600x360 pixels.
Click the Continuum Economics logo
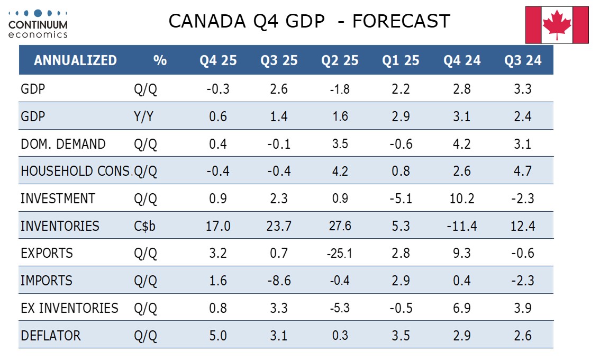(38, 23)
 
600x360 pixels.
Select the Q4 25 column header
(218, 60)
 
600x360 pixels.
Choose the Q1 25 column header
(401, 60)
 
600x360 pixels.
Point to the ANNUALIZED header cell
(75, 60)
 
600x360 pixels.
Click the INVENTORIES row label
(60, 226)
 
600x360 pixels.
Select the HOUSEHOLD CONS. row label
(75, 171)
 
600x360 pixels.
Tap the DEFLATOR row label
(50, 336)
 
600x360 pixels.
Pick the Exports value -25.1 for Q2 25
(339, 254)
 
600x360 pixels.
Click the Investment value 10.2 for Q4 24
(462, 199)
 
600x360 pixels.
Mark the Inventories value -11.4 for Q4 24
(462, 226)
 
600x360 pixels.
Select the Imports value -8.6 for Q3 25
(278, 281)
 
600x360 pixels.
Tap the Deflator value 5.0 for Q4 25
(218, 336)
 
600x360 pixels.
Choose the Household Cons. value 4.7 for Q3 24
(523, 171)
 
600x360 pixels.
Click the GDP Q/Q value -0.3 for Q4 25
(218, 89)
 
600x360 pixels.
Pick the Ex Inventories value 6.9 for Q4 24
(462, 308)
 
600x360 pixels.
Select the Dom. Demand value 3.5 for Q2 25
(339, 144)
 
